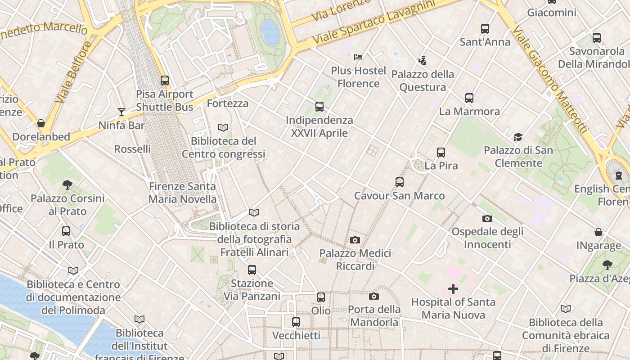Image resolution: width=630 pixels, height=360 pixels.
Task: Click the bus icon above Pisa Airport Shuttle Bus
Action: click(x=165, y=81)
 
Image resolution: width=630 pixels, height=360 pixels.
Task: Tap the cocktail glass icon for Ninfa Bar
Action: click(x=121, y=112)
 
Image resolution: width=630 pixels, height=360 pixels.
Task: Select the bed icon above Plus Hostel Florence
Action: click(x=358, y=57)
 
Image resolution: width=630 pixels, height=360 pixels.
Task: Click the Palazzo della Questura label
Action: click(x=423, y=81)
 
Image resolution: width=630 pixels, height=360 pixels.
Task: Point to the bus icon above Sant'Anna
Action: click(x=485, y=29)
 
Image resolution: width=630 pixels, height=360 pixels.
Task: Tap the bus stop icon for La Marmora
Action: click(x=469, y=98)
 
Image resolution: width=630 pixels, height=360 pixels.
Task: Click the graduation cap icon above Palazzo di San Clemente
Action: click(x=518, y=137)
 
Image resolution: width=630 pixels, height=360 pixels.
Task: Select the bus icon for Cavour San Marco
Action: click(x=399, y=182)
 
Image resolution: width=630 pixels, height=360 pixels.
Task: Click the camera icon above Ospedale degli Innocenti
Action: click(x=487, y=219)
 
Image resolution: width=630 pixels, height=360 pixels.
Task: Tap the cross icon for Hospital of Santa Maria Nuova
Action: click(x=453, y=288)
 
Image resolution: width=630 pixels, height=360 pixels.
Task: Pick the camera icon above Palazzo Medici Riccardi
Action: click(x=355, y=240)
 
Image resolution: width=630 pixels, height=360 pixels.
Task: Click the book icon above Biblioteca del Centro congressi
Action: click(x=223, y=127)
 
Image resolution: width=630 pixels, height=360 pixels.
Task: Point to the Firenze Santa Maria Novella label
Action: click(x=182, y=193)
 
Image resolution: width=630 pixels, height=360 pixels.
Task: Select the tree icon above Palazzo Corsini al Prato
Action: click(x=67, y=184)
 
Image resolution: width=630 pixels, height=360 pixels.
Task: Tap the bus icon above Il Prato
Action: click(x=66, y=231)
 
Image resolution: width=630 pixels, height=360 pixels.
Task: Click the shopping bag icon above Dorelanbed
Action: click(x=41, y=123)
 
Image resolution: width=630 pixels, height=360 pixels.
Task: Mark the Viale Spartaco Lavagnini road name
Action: click(x=374, y=22)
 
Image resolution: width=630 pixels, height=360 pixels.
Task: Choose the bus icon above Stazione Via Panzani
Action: click(x=252, y=270)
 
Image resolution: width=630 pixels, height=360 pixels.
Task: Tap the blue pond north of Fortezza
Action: click(x=270, y=32)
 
